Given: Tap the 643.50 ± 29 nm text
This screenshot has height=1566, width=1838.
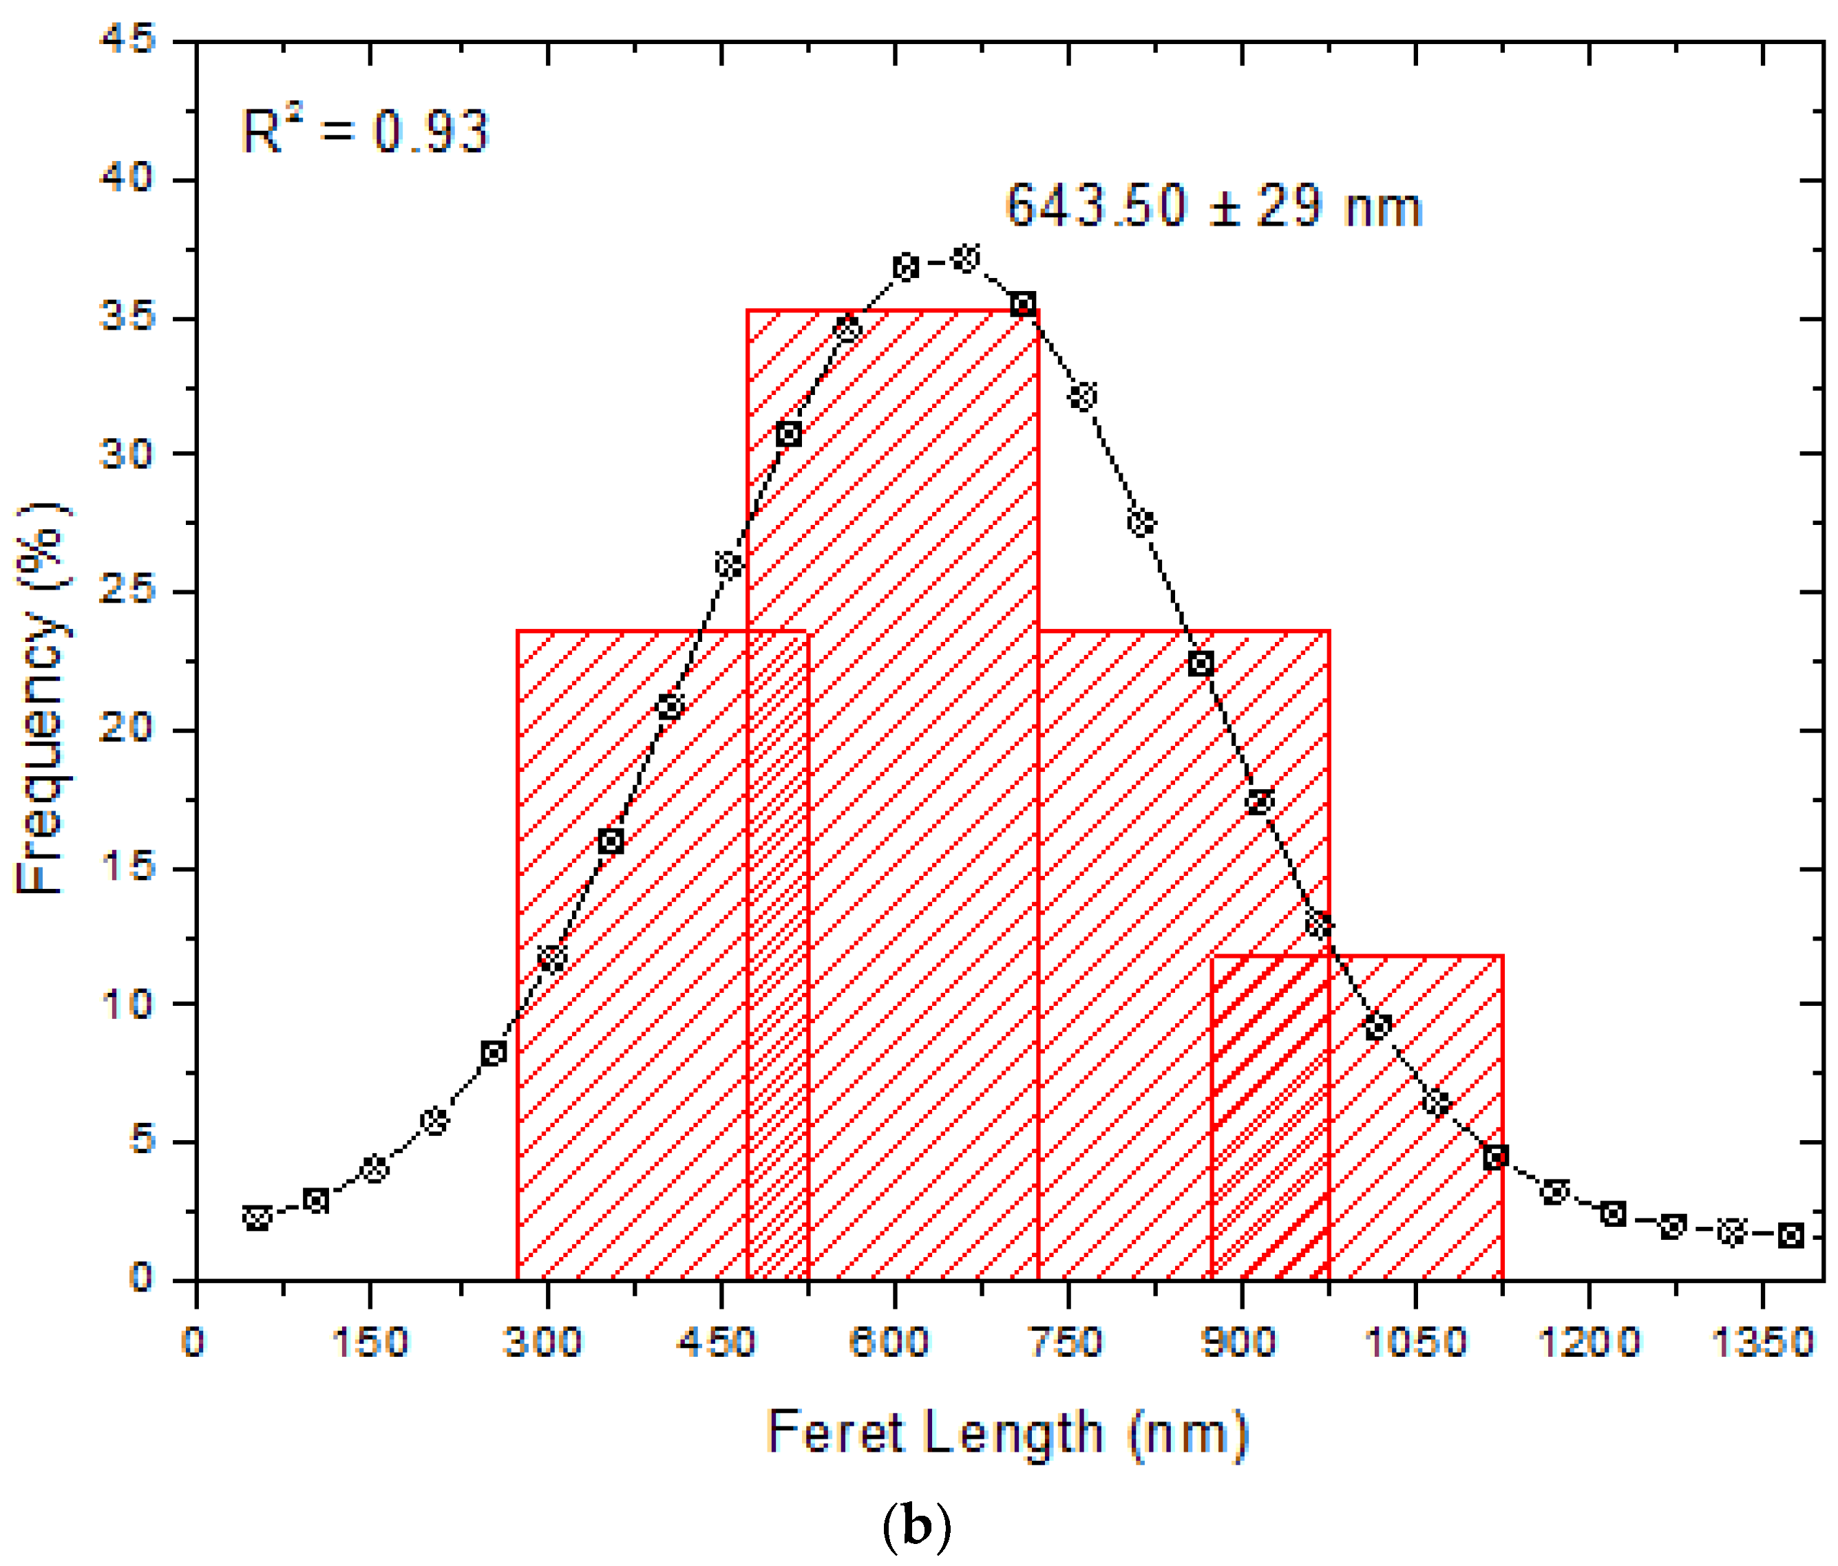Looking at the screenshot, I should pyautogui.click(x=1214, y=206).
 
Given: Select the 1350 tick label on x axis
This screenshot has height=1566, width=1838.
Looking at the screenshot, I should pyautogui.click(x=1762, y=1342).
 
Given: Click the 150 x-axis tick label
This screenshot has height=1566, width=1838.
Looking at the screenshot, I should pyautogui.click(x=370, y=1342).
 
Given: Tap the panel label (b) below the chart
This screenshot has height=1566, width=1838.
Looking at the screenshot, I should pyautogui.click(x=917, y=1527).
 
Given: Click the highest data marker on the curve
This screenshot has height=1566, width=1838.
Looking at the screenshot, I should pyautogui.click(x=965, y=259).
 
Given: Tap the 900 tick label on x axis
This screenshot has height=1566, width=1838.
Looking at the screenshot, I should pyautogui.click(x=1238, y=1342).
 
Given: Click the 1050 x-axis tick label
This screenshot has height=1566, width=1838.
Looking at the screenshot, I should pyautogui.click(x=1414, y=1342).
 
